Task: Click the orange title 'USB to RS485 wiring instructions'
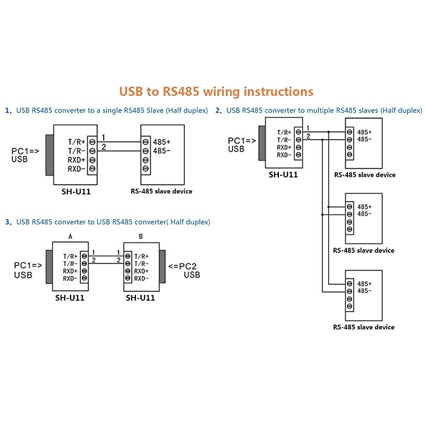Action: (216, 91)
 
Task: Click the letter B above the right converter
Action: (140, 236)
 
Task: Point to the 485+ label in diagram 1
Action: (161, 142)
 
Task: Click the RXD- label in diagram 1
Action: (76, 169)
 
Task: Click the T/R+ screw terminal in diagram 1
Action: (92, 142)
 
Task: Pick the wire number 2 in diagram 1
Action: (104, 147)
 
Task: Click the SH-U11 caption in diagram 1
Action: (75, 191)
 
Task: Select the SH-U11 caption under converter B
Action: (140, 298)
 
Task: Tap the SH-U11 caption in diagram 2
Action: (283, 174)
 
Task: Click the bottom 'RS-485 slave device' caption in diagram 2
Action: (364, 327)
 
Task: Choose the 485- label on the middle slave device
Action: (364, 214)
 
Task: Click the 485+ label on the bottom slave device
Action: (364, 284)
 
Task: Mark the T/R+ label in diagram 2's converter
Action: (284, 132)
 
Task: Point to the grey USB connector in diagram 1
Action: (49, 155)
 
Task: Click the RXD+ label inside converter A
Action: (70, 271)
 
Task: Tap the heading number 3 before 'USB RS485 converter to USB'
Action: (7, 222)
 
